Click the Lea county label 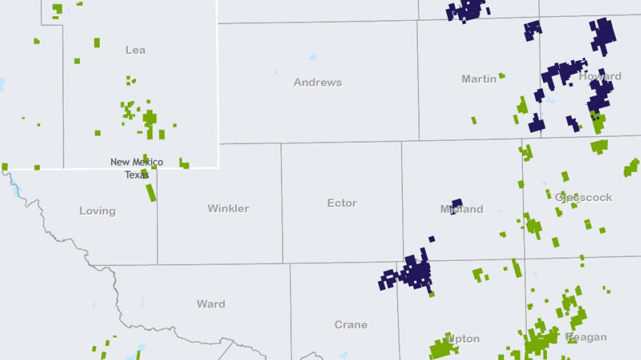(x=136, y=50)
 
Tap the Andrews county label (x=317, y=82)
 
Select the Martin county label (x=479, y=79)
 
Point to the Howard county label (x=600, y=77)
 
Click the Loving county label (x=97, y=211)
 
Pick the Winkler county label (x=228, y=208)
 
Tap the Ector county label (x=342, y=203)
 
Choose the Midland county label (x=461, y=210)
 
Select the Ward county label (x=211, y=304)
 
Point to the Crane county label (x=351, y=324)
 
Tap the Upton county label (x=464, y=339)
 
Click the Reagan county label (x=587, y=337)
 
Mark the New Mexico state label (x=137, y=162)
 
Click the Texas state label (x=137, y=174)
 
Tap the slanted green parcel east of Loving (x=151, y=193)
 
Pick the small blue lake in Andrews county (x=313, y=57)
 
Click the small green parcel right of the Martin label (x=502, y=76)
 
